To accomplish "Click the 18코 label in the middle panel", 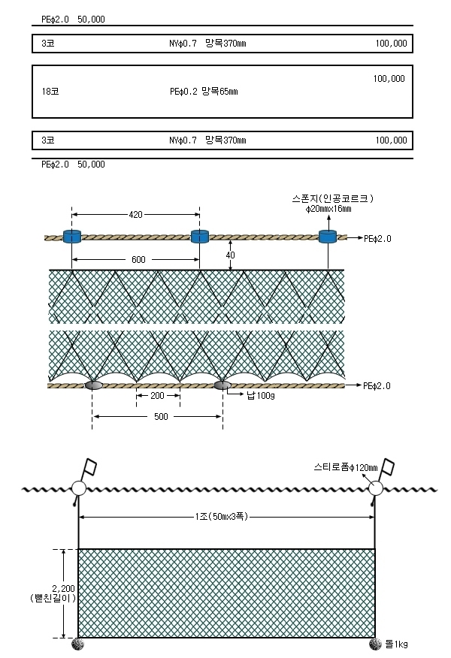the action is [x=50, y=91].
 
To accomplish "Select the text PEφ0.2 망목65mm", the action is [x=204, y=91].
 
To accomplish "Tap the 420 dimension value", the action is [x=135, y=214].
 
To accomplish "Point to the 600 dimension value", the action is [x=138, y=259].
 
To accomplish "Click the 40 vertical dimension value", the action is [x=231, y=255].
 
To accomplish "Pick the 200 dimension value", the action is [x=157, y=395].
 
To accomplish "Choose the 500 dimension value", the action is [x=161, y=416].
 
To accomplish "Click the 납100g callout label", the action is [x=261, y=395].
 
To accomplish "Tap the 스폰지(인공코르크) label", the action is [x=332, y=198].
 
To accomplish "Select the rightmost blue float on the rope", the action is [x=328, y=237].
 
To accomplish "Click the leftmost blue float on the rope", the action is [x=72, y=237].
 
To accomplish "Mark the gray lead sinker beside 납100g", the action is [x=222, y=385].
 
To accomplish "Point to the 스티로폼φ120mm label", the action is [x=346, y=467].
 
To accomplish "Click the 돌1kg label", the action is [x=396, y=644].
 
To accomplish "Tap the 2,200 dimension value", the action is [x=63, y=588].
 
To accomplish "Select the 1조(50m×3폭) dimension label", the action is [x=221, y=517].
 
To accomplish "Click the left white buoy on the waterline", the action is [x=78, y=488].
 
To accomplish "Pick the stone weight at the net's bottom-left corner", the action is [x=77, y=644].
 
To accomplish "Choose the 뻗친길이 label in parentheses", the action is [x=53, y=598].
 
